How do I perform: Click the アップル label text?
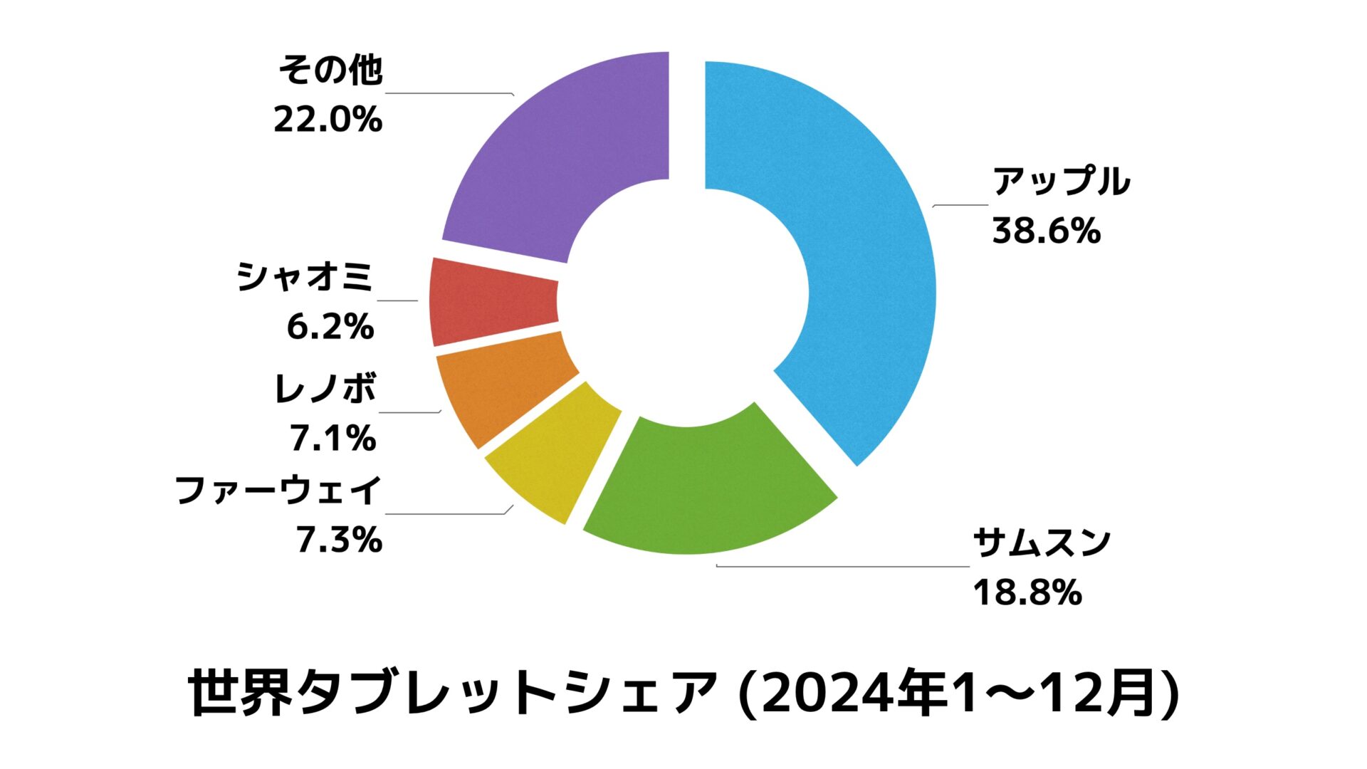1061,182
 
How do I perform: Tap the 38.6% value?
1046,231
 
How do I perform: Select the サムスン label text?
1041,543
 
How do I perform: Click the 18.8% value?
1027,592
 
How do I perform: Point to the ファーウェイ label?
278,491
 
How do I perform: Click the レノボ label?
325,389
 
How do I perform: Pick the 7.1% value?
332,439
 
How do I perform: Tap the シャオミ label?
305,277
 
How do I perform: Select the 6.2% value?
330,327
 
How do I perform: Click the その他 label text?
330,70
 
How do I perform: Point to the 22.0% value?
328,120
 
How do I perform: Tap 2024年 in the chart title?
855,693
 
